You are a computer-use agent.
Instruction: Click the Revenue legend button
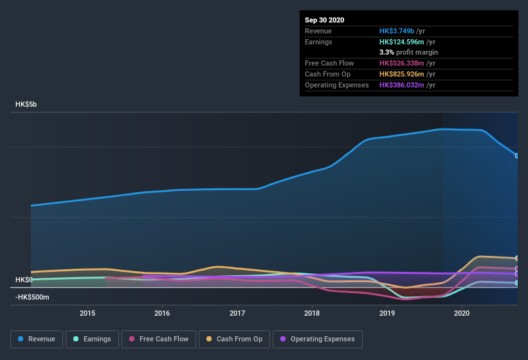click(x=37, y=339)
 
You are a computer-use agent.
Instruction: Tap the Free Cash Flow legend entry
click(x=159, y=339)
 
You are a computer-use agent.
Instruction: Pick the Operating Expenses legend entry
click(x=318, y=339)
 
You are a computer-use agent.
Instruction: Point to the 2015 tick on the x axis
click(x=87, y=313)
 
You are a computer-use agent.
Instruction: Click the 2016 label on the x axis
click(x=162, y=313)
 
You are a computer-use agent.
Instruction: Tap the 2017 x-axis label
click(x=237, y=313)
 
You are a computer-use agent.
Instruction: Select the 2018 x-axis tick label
click(x=312, y=313)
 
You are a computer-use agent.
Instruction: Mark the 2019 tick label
click(x=387, y=313)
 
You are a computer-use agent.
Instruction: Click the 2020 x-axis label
click(x=462, y=313)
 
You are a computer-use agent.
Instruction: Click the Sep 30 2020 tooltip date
click(x=324, y=20)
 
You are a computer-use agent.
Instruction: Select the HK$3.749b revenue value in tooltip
click(x=397, y=31)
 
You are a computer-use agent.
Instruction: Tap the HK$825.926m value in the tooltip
click(x=403, y=74)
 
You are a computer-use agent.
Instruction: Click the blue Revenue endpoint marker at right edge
click(x=516, y=156)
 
